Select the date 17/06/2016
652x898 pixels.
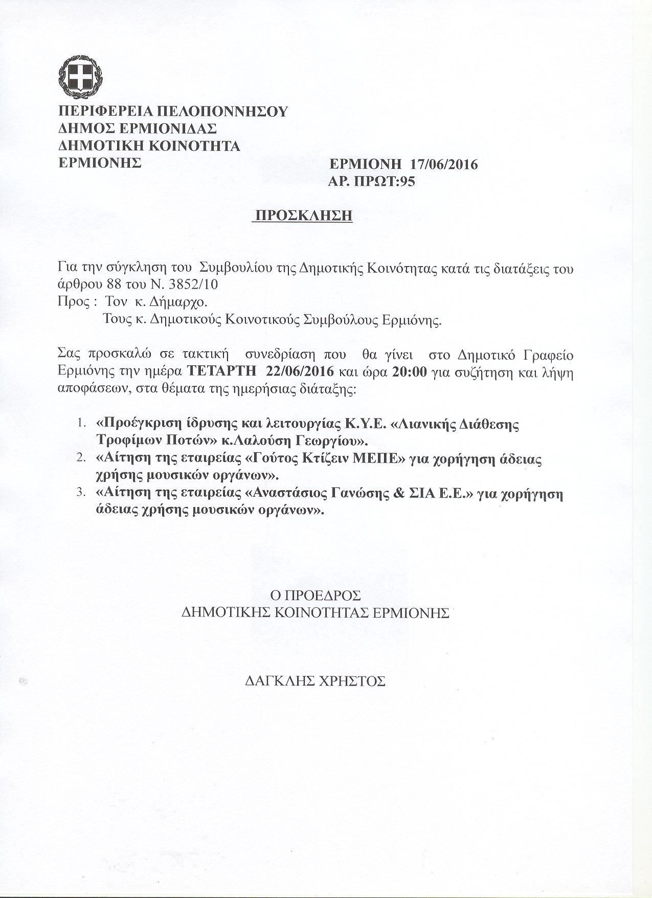443,165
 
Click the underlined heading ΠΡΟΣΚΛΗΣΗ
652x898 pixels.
304,216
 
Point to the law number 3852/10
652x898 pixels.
197,284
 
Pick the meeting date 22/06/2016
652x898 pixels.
301,371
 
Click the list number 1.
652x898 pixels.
80,424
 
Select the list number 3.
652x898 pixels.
80,493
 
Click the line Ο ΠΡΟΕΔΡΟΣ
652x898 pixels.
315,596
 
